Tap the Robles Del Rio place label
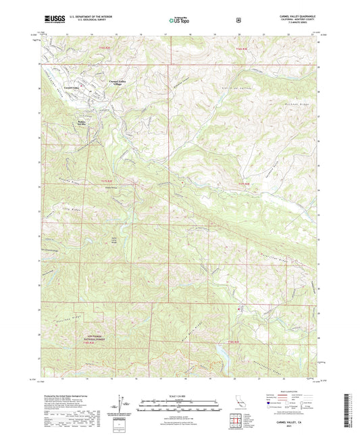click(79, 122)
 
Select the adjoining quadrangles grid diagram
click(238, 422)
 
